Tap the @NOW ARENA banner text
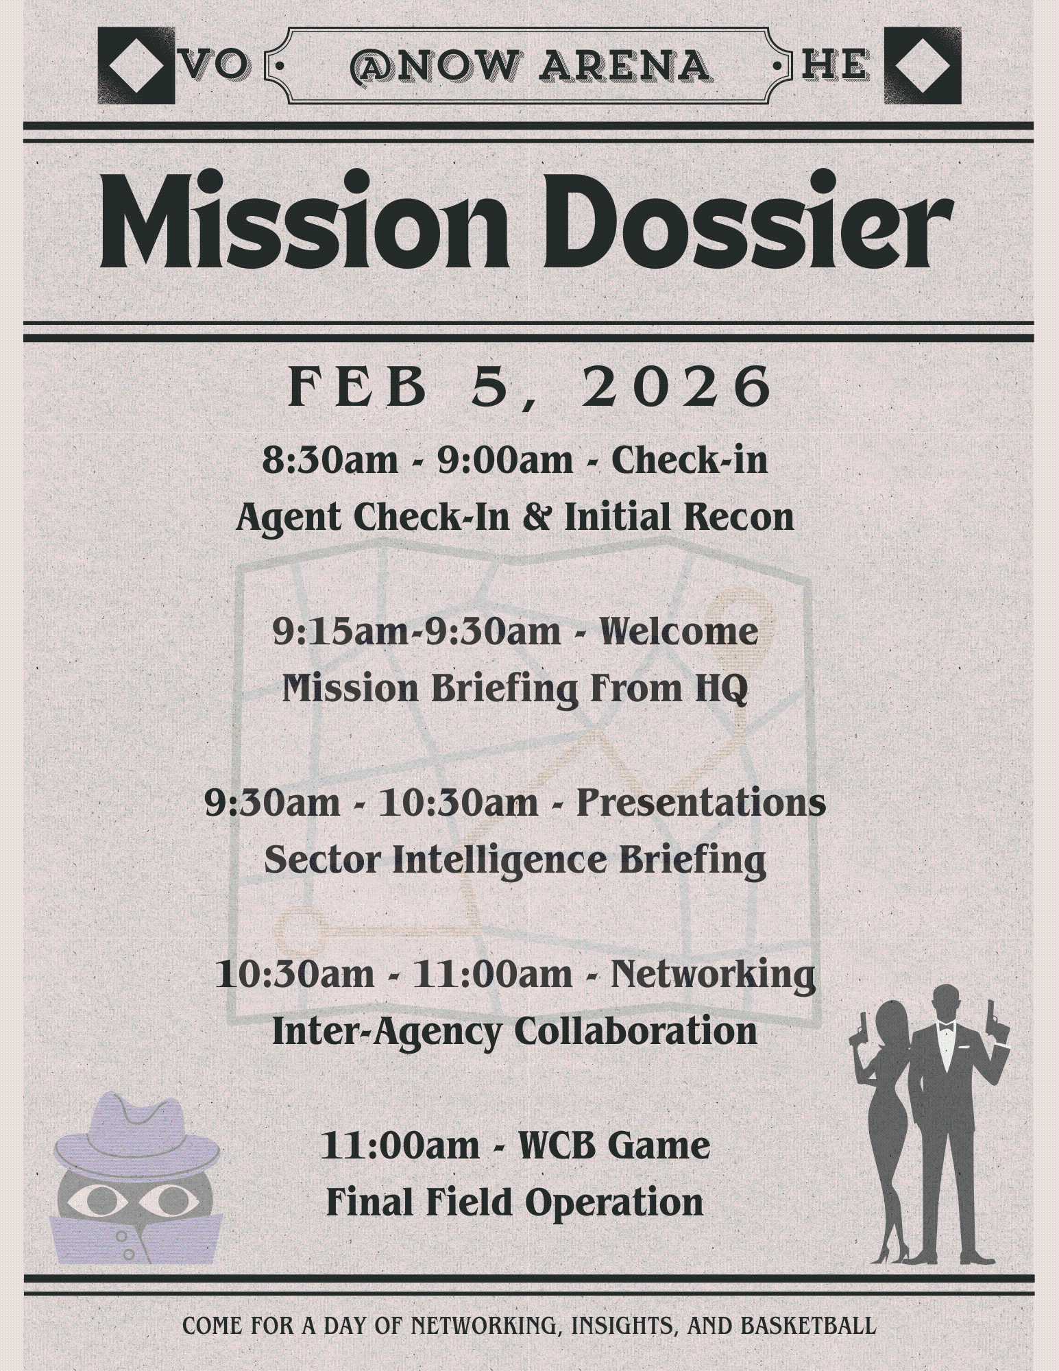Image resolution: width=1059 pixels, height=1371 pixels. coord(529,66)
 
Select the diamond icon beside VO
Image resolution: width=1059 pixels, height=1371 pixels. coord(136,65)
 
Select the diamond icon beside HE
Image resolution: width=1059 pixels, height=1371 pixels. coord(923,65)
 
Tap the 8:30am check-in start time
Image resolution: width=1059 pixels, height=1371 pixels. coord(330,460)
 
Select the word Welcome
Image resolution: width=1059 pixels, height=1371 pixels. coord(679,631)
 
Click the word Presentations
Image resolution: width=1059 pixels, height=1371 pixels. coord(701,803)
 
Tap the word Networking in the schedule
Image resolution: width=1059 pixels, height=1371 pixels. coord(713,975)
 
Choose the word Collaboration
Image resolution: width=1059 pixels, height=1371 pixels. coord(636,1031)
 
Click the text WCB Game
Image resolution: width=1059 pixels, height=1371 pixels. coord(614,1147)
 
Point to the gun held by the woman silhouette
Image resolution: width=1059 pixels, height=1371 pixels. coord(859,1028)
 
